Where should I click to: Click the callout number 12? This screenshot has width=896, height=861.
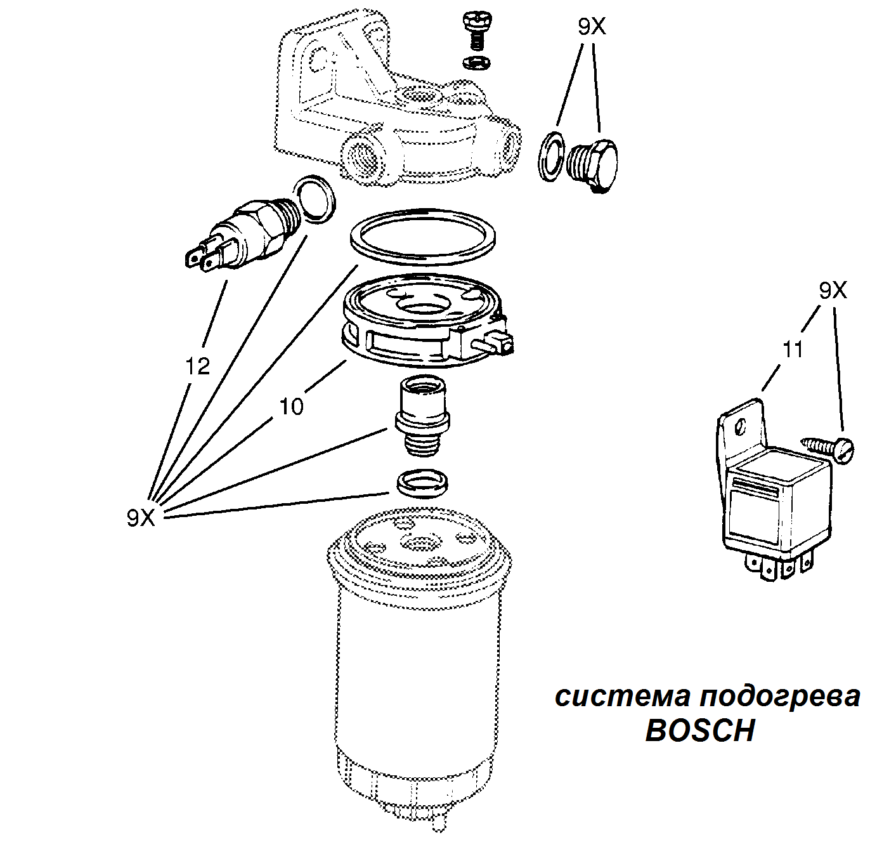tap(197, 366)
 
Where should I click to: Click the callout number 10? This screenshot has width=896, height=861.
tap(292, 406)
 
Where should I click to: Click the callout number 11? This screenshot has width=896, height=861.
tap(793, 350)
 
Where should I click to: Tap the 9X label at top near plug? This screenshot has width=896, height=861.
tap(592, 27)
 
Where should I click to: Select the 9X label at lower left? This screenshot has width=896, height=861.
tap(141, 518)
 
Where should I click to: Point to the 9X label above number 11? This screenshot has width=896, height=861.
tap(833, 291)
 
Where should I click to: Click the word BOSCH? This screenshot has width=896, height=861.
tap(699, 731)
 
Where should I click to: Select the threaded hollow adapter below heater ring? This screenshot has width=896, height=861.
tap(421, 416)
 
